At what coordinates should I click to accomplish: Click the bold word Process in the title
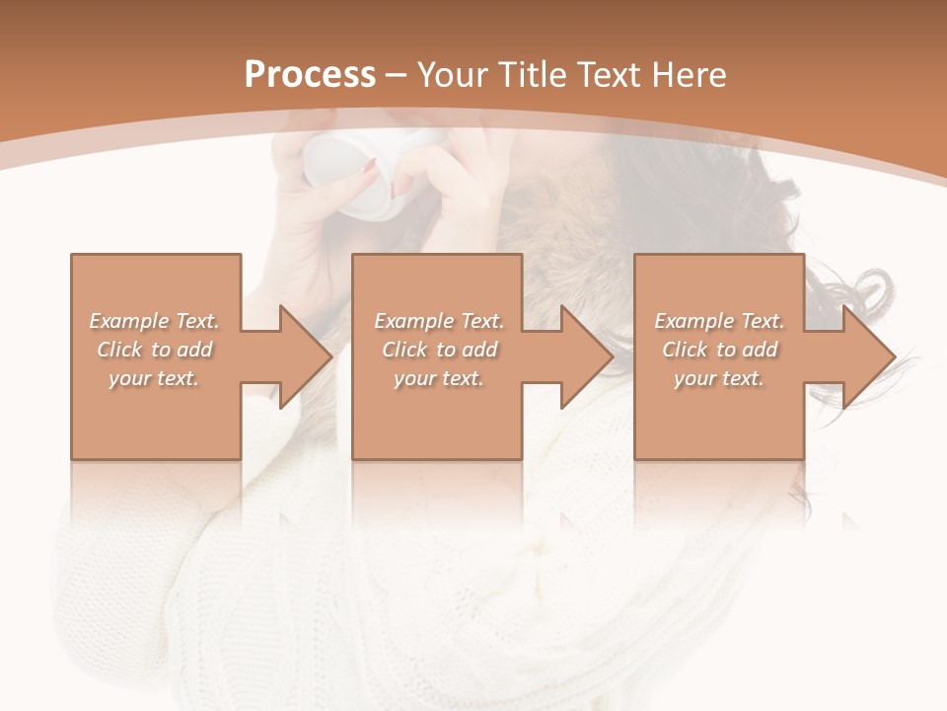click(x=310, y=75)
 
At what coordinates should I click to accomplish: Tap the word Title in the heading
click(x=535, y=75)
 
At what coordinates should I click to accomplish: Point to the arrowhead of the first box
click(x=302, y=356)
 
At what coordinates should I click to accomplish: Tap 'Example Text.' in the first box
click(x=154, y=321)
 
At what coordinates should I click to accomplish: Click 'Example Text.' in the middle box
click(x=438, y=321)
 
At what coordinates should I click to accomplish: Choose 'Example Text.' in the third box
click(x=719, y=321)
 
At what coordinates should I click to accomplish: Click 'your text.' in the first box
click(x=154, y=378)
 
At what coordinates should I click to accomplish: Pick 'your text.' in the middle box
click(x=438, y=378)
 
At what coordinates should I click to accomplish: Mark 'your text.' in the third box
click(x=719, y=378)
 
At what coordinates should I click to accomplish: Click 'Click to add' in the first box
click(x=154, y=350)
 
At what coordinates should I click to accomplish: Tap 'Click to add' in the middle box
click(x=438, y=350)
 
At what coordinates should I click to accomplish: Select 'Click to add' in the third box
click(x=719, y=350)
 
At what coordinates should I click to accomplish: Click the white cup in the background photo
click(x=350, y=173)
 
